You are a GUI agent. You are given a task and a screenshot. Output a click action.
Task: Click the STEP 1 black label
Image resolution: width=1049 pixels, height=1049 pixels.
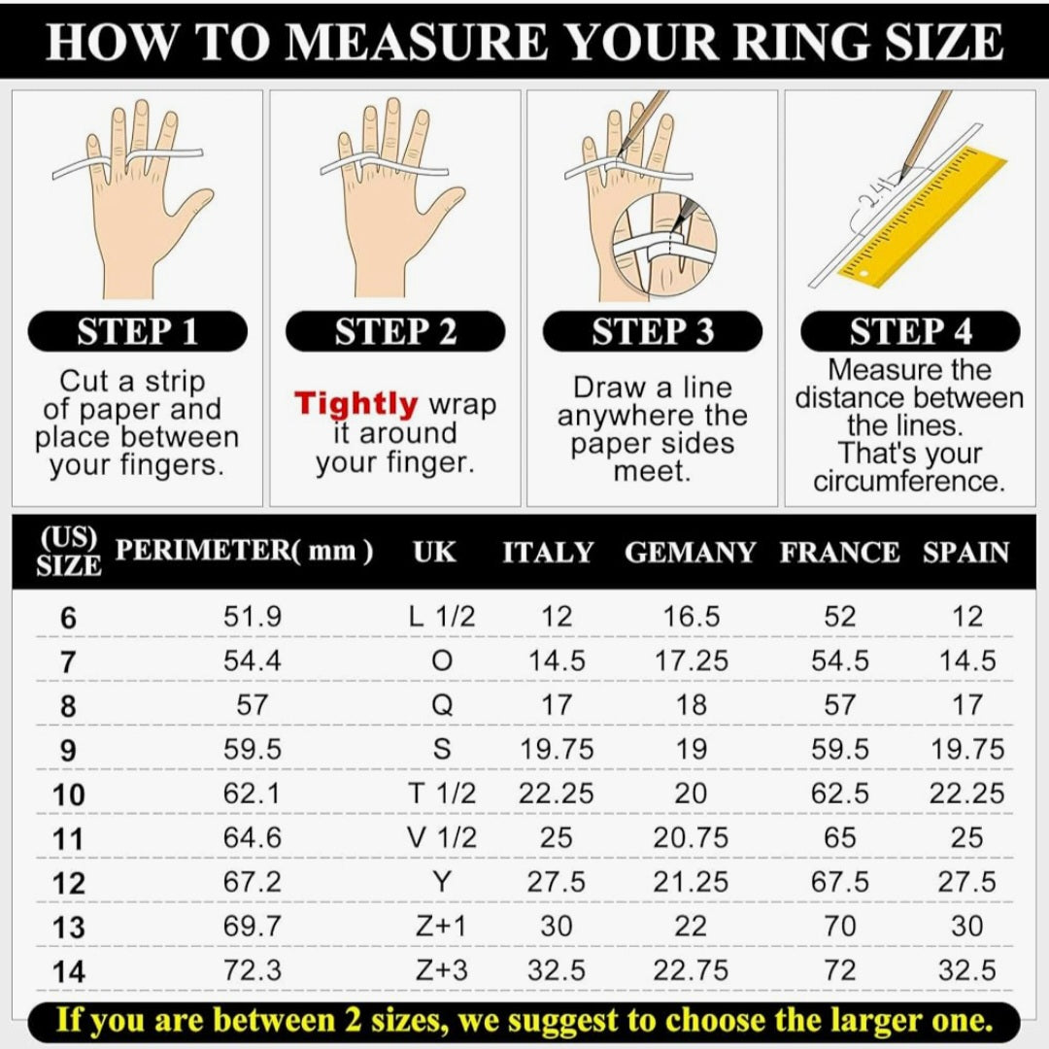pyautogui.click(x=137, y=331)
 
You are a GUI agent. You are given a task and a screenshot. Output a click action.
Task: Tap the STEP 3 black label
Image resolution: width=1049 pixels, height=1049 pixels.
pyautogui.click(x=653, y=331)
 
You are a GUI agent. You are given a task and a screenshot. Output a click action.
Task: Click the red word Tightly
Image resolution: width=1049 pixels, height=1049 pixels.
pyautogui.click(x=356, y=405)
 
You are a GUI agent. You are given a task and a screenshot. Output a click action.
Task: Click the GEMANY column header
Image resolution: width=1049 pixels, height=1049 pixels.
pyautogui.click(x=691, y=553)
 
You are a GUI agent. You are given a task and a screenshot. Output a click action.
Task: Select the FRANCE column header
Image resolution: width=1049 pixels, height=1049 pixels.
pyautogui.click(x=839, y=553)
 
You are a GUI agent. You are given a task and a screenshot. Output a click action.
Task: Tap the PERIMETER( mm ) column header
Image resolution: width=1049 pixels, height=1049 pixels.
pyautogui.click(x=244, y=551)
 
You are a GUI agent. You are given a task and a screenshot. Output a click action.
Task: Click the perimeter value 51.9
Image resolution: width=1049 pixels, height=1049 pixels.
pyautogui.click(x=253, y=616)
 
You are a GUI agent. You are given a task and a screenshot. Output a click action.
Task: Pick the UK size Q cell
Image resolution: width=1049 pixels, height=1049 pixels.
pyautogui.click(x=442, y=705)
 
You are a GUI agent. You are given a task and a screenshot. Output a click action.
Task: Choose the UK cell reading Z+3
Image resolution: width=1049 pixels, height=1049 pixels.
pyautogui.click(x=442, y=970)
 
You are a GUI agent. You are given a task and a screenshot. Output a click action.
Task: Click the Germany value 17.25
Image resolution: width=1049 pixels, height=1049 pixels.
pyautogui.click(x=692, y=661)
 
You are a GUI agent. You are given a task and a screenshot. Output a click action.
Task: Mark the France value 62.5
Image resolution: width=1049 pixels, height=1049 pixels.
pyautogui.click(x=839, y=794)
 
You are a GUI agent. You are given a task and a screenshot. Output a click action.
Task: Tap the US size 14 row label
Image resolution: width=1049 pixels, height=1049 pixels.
pyautogui.click(x=69, y=971)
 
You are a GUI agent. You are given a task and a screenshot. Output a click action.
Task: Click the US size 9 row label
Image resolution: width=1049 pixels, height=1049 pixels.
pyautogui.click(x=68, y=750)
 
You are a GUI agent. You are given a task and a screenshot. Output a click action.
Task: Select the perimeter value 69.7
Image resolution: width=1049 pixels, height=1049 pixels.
pyautogui.click(x=253, y=926)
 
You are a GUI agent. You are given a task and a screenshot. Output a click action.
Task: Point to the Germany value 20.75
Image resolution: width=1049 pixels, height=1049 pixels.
pyautogui.click(x=692, y=837)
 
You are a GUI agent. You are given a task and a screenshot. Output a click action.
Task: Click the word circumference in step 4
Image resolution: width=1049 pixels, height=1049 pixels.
pyautogui.click(x=909, y=481)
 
